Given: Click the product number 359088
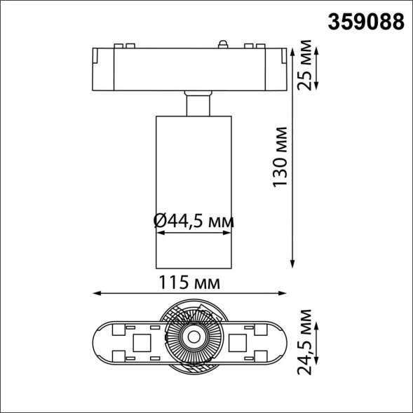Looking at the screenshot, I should click(x=366, y=21).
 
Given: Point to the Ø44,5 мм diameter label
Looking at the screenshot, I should click(x=193, y=222).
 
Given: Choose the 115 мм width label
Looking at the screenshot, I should click(x=187, y=283).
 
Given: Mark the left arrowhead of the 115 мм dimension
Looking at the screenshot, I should click(x=96, y=293).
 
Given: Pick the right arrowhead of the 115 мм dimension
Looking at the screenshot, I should click(x=283, y=293).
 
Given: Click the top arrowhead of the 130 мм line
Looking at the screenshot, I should click(x=293, y=50).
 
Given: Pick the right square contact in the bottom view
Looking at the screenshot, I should click(x=239, y=342).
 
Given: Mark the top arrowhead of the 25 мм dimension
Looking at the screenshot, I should click(x=317, y=50).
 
